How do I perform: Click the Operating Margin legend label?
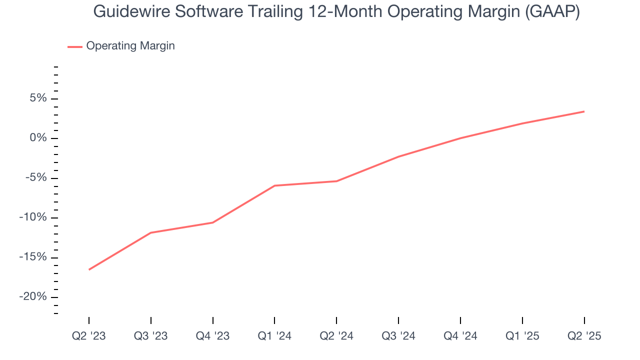click(130, 46)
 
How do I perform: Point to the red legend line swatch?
click(75, 46)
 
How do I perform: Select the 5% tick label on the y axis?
click(38, 98)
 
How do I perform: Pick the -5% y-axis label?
click(35, 178)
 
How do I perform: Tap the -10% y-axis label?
click(33, 217)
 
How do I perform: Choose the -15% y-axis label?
click(33, 257)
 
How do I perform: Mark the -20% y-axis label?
click(33, 297)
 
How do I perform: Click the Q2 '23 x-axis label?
click(89, 336)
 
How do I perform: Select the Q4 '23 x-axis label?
click(213, 336)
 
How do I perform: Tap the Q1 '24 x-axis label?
click(274, 336)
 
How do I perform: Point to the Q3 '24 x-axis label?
click(398, 336)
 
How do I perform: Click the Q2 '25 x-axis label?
click(584, 336)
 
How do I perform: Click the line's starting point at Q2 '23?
click(89, 269)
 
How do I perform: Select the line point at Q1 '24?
click(274, 185)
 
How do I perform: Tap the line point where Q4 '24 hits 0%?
click(460, 138)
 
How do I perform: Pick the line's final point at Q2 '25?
click(584, 111)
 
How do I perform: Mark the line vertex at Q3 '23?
click(151, 232)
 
